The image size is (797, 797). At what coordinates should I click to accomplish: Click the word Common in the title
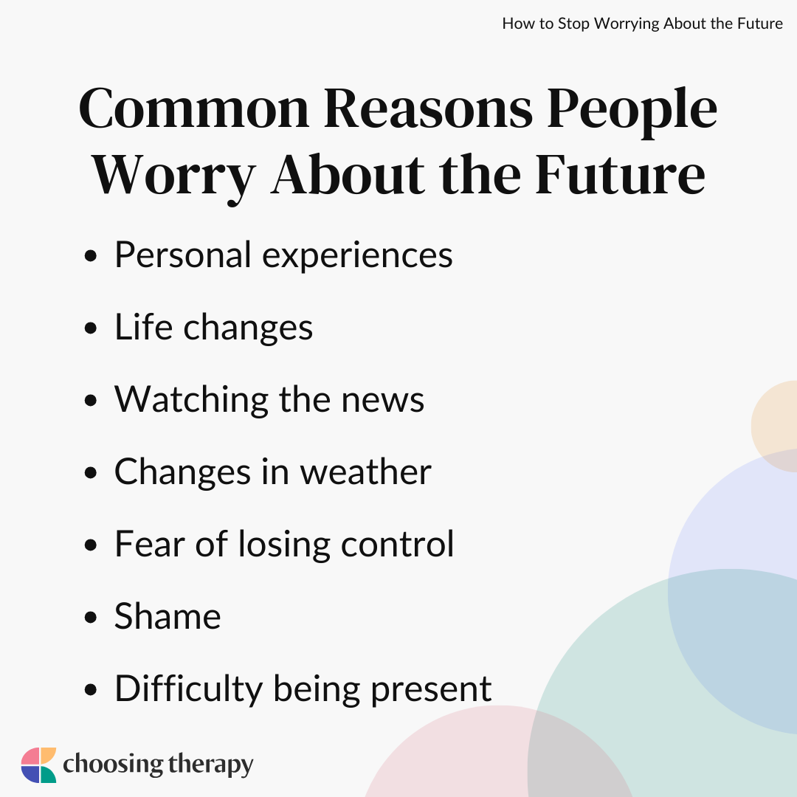193,108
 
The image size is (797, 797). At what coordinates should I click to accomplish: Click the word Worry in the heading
173,178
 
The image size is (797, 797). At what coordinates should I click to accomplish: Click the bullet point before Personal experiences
91,256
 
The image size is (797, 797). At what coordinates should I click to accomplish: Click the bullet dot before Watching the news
91,401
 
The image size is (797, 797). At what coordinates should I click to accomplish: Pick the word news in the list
382,401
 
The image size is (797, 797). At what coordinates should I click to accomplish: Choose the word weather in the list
365,472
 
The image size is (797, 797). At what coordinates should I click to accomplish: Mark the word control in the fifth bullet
397,544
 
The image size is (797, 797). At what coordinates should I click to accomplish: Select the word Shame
168,616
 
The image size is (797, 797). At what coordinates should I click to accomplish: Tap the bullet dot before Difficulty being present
91,690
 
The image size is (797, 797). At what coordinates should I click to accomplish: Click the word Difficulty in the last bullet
189,690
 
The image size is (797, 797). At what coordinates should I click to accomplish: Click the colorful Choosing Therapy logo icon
38,765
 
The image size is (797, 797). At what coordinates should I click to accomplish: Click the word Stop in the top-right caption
574,24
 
